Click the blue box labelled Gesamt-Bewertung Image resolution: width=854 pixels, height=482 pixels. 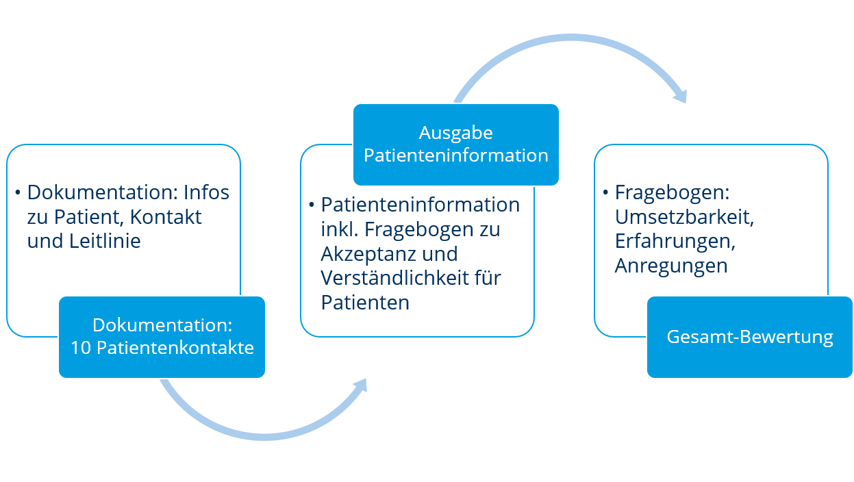pyautogui.click(x=749, y=338)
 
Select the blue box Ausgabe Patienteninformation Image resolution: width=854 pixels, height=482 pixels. pyautogui.click(x=456, y=144)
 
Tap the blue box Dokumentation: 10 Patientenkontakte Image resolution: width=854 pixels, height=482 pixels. pyautogui.click(x=162, y=338)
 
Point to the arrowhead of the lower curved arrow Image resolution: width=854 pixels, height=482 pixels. pyautogui.click(x=361, y=385)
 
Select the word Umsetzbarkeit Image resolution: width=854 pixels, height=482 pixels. pyautogui.click(x=684, y=217)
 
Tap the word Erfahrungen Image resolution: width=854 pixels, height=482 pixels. pyautogui.click(x=675, y=241)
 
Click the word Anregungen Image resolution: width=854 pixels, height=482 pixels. pyautogui.click(x=671, y=266)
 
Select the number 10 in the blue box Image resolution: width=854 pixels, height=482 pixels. pyautogui.click(x=80, y=348)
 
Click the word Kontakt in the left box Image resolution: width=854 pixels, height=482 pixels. pyautogui.click(x=166, y=217)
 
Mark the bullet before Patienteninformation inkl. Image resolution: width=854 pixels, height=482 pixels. pyautogui.click(x=312, y=205)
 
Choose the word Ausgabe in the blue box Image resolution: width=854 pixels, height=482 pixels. pyautogui.click(x=456, y=134)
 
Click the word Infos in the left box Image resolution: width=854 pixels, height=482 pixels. pyautogui.click(x=206, y=192)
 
